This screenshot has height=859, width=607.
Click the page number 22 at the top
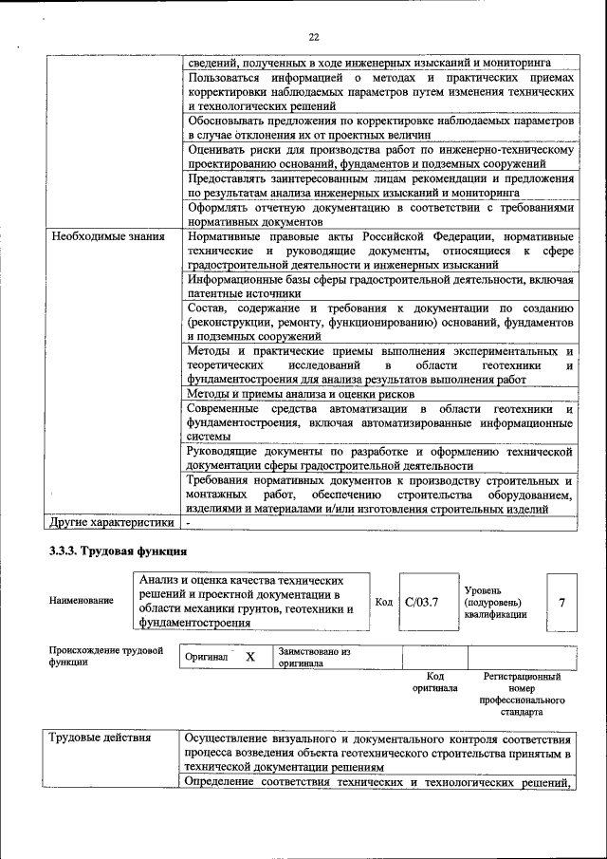click(314, 37)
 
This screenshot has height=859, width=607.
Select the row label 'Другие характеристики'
click(112, 521)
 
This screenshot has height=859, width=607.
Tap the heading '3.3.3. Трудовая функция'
click(119, 551)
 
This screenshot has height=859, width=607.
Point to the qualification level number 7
click(561, 602)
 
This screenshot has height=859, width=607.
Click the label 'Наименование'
click(82, 601)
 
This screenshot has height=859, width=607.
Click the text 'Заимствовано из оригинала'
click(314, 658)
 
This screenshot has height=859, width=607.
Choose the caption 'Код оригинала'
click(434, 682)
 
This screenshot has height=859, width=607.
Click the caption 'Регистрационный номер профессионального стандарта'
click(522, 693)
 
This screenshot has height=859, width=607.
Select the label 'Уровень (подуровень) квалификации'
click(494, 601)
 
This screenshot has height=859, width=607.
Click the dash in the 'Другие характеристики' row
click(190, 522)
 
